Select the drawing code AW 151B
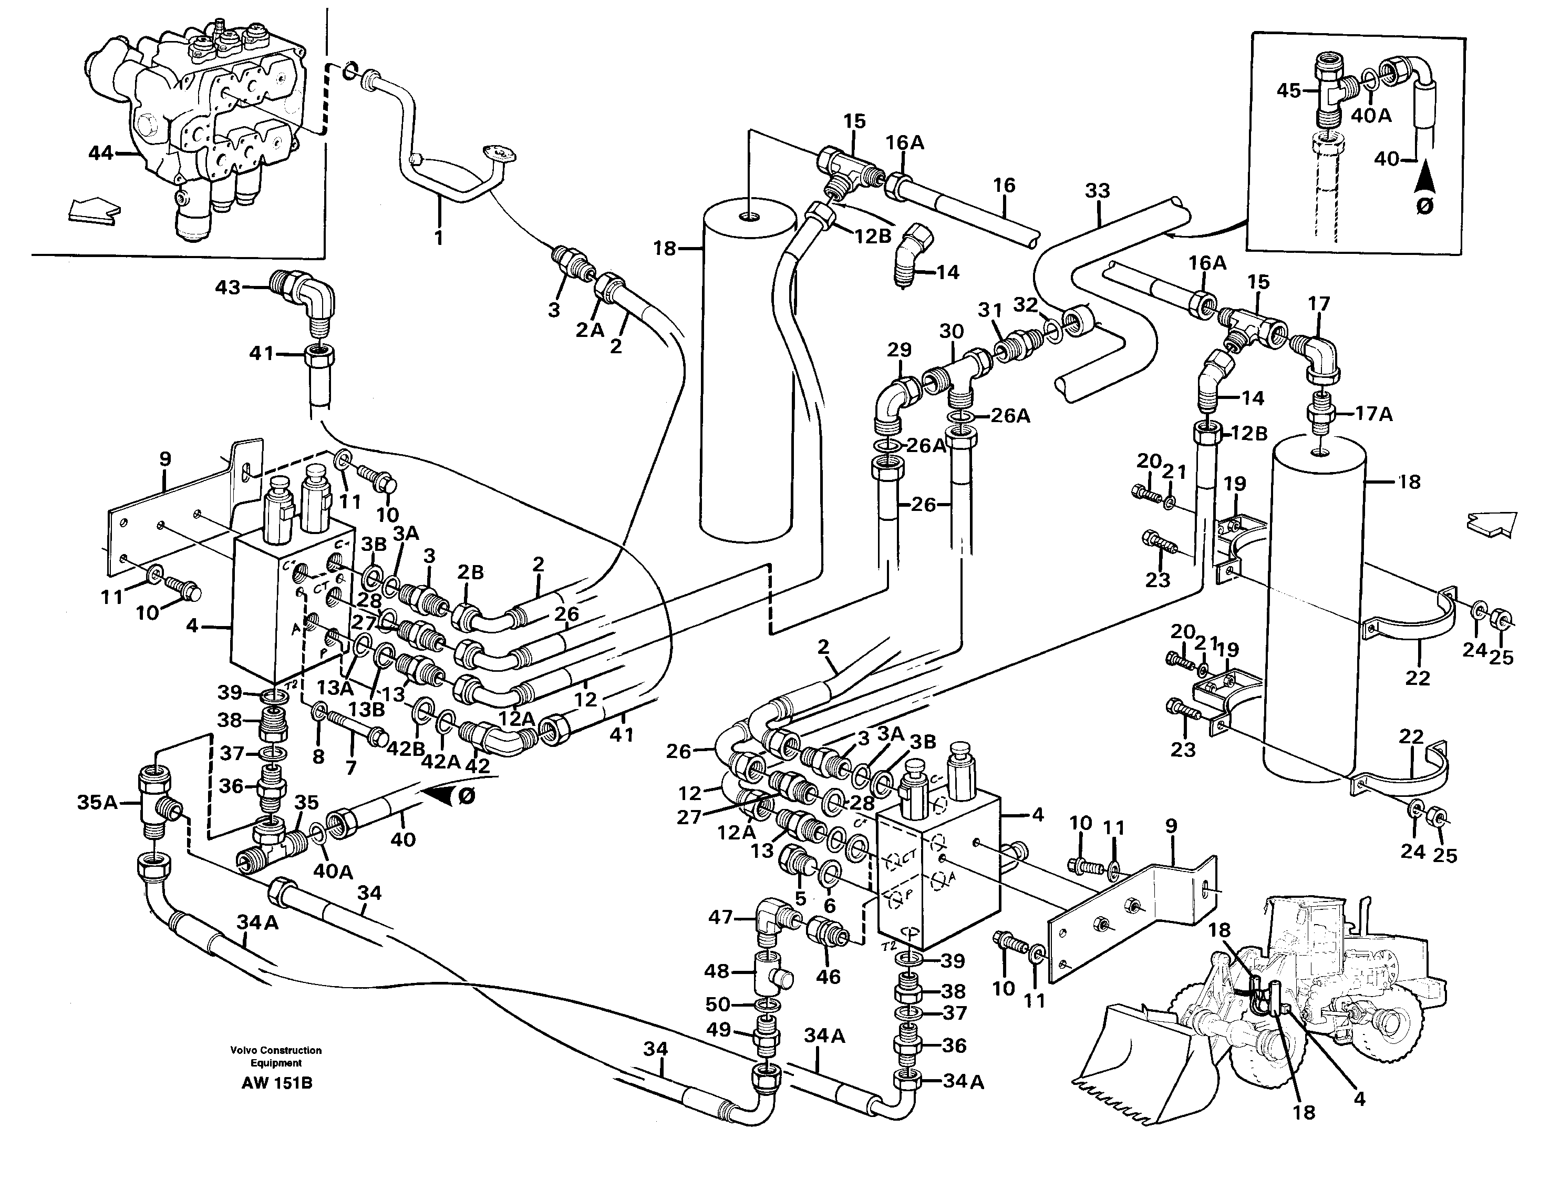click(x=276, y=1083)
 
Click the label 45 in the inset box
click(x=1289, y=90)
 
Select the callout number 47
click(x=721, y=918)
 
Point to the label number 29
click(x=899, y=350)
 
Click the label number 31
click(x=990, y=310)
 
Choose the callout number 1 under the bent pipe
click(x=439, y=237)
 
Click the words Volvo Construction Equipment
click(x=276, y=1056)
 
